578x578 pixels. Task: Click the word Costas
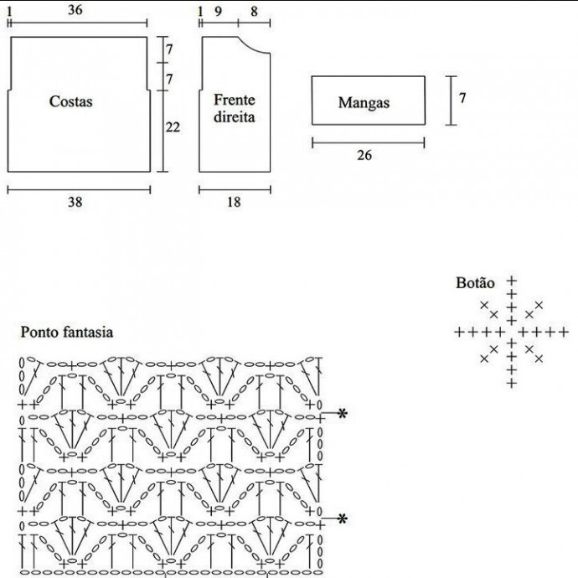70,102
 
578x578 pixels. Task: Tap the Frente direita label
234,109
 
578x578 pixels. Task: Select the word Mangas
364,103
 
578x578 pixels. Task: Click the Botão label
475,283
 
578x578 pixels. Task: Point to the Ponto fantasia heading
66,333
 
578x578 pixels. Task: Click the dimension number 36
75,10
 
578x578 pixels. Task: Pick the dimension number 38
75,202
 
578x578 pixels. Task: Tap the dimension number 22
173,127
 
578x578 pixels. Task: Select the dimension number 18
234,202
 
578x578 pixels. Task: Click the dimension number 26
364,155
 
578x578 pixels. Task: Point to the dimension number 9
219,11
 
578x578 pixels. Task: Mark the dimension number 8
254,11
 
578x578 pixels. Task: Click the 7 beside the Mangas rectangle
462,98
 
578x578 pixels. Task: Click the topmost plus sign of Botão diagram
511,281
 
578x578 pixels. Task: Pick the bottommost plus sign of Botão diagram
511,384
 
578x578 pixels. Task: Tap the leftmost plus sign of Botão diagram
459,333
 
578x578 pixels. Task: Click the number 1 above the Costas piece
10,10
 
